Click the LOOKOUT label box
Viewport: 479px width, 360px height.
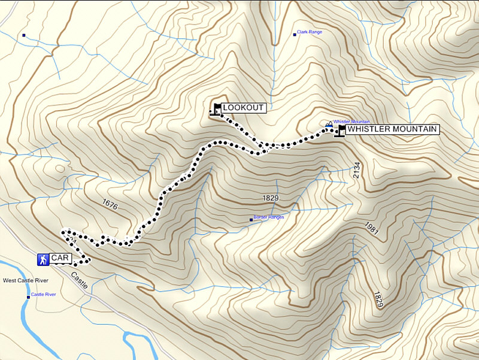click(x=243, y=108)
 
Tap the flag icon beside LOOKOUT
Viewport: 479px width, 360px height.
click(x=216, y=108)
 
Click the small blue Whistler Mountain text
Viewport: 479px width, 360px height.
click(x=351, y=122)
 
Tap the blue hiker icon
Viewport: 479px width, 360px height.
click(x=43, y=259)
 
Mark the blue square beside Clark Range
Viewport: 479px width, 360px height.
click(x=295, y=34)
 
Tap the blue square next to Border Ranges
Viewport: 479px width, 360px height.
click(x=251, y=220)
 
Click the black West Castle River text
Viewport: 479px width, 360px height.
click(x=26, y=280)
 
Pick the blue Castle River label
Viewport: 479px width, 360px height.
click(x=44, y=295)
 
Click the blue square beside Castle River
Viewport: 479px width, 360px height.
click(x=28, y=297)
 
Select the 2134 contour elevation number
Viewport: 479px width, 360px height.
click(x=357, y=174)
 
